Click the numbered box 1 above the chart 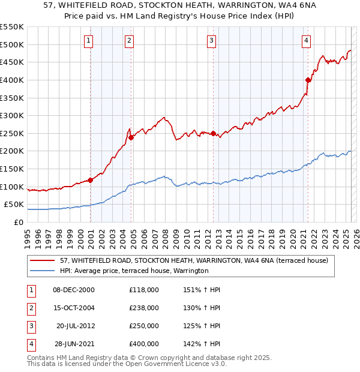coord(88,41)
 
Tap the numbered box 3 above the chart coord(212,41)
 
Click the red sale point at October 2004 coord(131,137)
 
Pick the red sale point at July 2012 coord(213,133)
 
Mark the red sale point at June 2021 coord(308,80)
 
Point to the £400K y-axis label coord(11,80)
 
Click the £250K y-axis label coord(11,133)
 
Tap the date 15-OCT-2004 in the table coord(74,308)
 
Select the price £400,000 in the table coord(144,344)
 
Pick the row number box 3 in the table coord(29,326)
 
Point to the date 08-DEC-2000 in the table coord(74,290)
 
